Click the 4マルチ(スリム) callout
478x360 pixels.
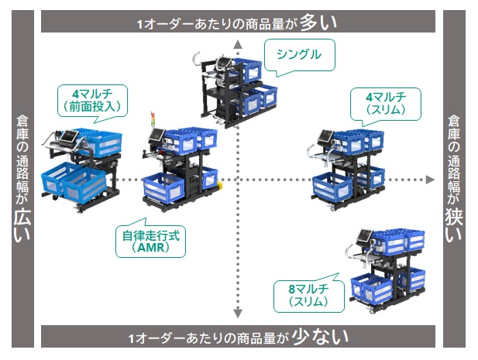(x=393, y=105)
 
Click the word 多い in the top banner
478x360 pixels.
(x=318, y=22)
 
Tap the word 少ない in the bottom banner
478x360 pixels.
(x=321, y=338)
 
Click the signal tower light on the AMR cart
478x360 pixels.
(x=153, y=119)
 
